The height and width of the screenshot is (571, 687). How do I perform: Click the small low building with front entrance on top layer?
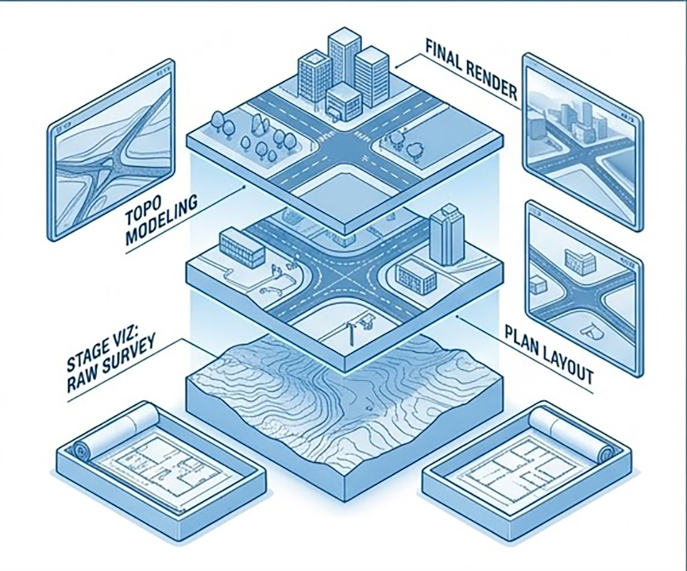pos(343,103)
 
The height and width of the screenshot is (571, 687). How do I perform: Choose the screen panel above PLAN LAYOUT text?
pos(583,287)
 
